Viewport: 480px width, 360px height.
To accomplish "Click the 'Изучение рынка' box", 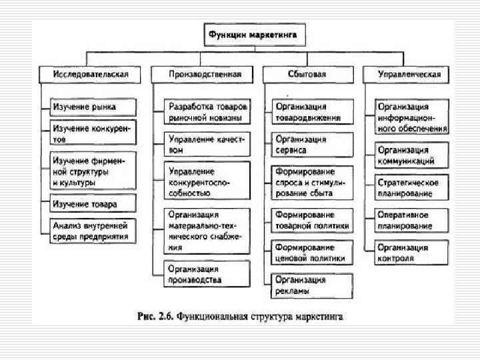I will [x=94, y=107].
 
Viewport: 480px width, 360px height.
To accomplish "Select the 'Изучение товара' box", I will [x=94, y=203].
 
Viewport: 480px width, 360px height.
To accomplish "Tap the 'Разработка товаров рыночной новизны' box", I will [x=207, y=112].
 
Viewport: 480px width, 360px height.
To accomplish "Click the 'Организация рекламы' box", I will [x=311, y=285].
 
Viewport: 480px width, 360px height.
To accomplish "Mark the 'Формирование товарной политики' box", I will [x=311, y=220].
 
